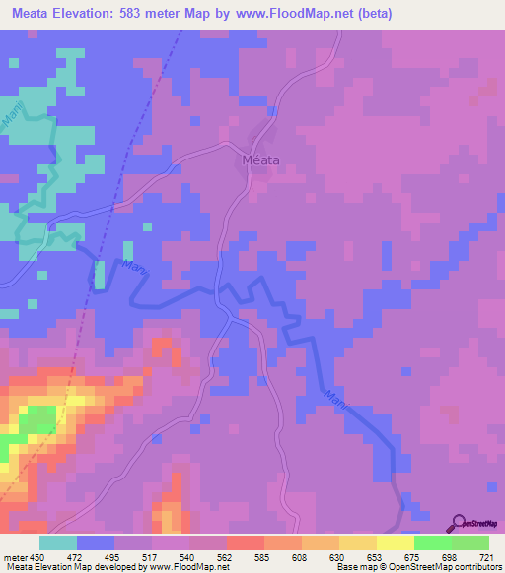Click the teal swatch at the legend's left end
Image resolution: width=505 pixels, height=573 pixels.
pos(58,542)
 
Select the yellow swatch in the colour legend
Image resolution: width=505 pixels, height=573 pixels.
pos(395,542)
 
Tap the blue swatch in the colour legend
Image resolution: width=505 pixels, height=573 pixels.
pos(96,542)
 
